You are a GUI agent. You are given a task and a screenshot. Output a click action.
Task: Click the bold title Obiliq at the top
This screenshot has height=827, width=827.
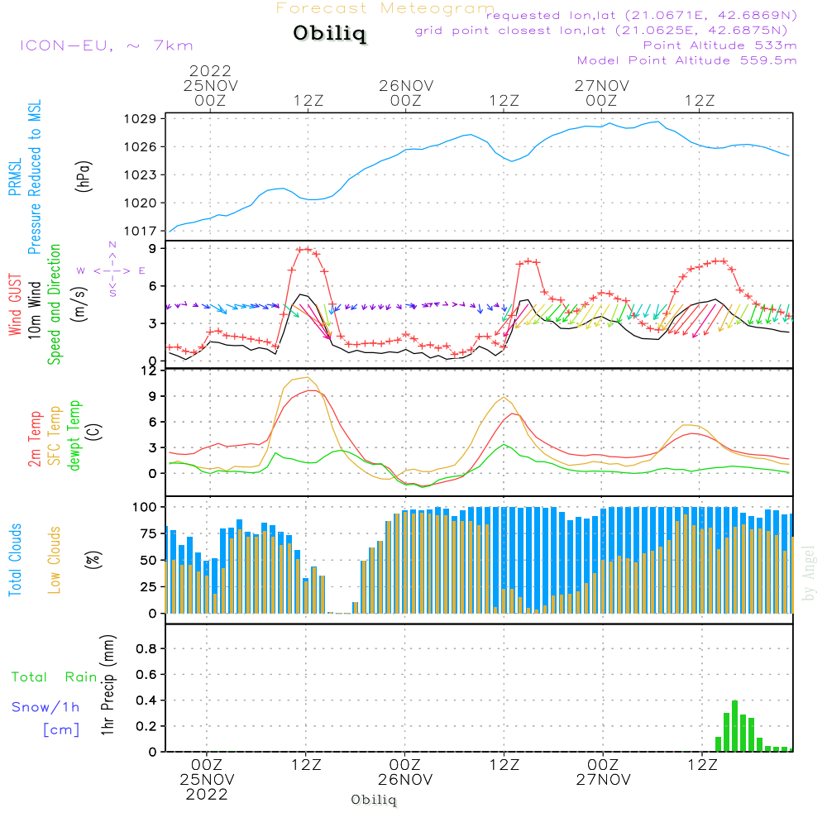pyautogui.click(x=330, y=33)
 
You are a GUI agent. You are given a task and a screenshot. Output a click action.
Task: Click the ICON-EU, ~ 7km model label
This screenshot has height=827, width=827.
pyautogui.click(x=107, y=45)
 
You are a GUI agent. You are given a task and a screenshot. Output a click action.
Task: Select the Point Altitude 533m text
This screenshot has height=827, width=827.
pyautogui.click(x=719, y=45)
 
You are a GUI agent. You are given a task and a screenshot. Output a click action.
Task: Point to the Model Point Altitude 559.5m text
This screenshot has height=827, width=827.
pyautogui.click(x=686, y=60)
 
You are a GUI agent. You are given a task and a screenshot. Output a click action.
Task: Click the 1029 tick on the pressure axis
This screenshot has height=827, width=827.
pyautogui.click(x=141, y=118)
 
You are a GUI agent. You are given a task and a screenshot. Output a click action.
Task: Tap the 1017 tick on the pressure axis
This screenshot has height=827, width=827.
pyautogui.click(x=141, y=231)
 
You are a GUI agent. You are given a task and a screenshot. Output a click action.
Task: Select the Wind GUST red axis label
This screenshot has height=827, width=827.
pyautogui.click(x=15, y=304)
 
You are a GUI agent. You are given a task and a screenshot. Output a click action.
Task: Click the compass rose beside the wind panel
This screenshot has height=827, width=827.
pyautogui.click(x=112, y=270)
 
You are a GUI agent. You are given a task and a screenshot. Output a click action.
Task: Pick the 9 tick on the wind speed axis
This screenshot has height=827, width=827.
pyautogui.click(x=153, y=248)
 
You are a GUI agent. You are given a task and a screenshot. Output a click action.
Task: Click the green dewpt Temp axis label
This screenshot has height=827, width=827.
pyautogui.click(x=74, y=435)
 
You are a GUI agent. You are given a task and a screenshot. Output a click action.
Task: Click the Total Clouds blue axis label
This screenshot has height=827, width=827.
pyautogui.click(x=15, y=560)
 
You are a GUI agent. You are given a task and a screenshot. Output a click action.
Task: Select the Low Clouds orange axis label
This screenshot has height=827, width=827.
pyautogui.click(x=55, y=560)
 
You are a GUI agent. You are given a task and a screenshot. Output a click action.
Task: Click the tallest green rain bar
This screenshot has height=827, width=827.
pyautogui.click(x=734, y=726)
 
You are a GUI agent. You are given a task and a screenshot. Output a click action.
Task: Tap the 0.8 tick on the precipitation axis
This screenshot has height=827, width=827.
pyautogui.click(x=146, y=648)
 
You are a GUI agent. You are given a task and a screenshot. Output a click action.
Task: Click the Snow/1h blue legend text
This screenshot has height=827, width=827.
pyautogui.click(x=45, y=707)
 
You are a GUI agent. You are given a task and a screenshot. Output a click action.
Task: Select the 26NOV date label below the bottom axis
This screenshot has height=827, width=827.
pyautogui.click(x=405, y=780)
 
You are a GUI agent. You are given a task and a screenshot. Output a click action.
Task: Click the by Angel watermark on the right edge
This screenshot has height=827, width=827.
pyautogui.click(x=808, y=573)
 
